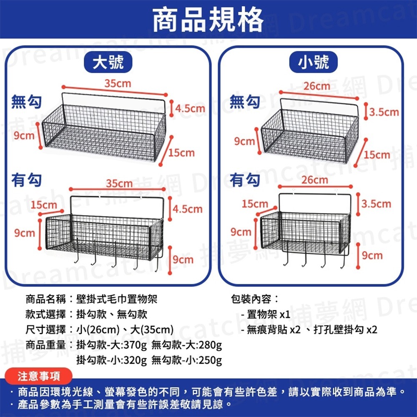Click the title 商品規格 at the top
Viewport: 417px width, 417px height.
click(208, 20)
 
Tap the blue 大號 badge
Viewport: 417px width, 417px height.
click(108, 63)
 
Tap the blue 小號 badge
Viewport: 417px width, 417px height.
click(314, 63)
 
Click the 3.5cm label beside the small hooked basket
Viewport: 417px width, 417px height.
click(377, 203)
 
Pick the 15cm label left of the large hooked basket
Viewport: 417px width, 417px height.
click(44, 205)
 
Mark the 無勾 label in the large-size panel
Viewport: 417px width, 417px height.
click(26, 101)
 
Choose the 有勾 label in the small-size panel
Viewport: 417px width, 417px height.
click(245, 180)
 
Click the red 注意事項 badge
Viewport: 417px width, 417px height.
click(39, 377)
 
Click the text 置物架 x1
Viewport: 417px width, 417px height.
click(268, 314)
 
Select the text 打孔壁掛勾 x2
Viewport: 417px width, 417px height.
click(345, 330)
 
